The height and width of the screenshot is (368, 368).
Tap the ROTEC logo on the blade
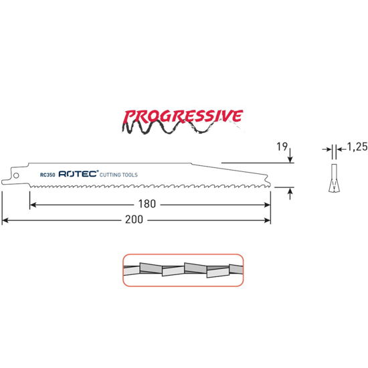coord(78,173)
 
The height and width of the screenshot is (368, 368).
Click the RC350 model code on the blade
coord(48,174)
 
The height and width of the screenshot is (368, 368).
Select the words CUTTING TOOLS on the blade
coord(119,174)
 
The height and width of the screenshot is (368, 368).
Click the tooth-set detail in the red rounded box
coord(183,270)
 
